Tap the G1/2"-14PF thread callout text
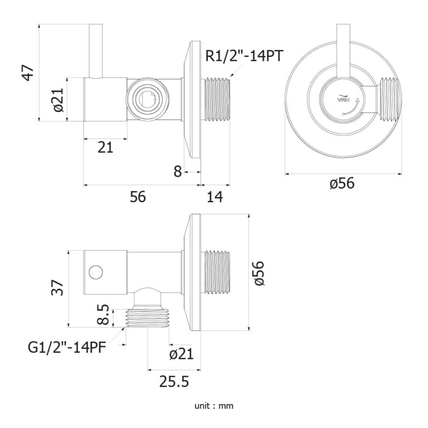pyautogui.click(x=66, y=348)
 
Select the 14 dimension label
pyautogui.click(x=215, y=196)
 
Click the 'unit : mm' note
pyautogui.click(x=214, y=406)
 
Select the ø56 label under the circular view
pyautogui.click(x=342, y=183)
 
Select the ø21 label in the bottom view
pyautogui.click(x=181, y=353)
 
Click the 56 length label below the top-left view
pyautogui.click(x=138, y=196)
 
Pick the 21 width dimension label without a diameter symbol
pyautogui.click(x=105, y=147)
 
